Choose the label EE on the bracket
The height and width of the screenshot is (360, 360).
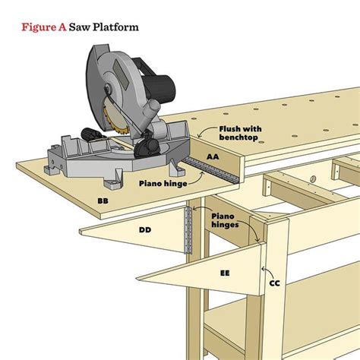click(225, 272)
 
